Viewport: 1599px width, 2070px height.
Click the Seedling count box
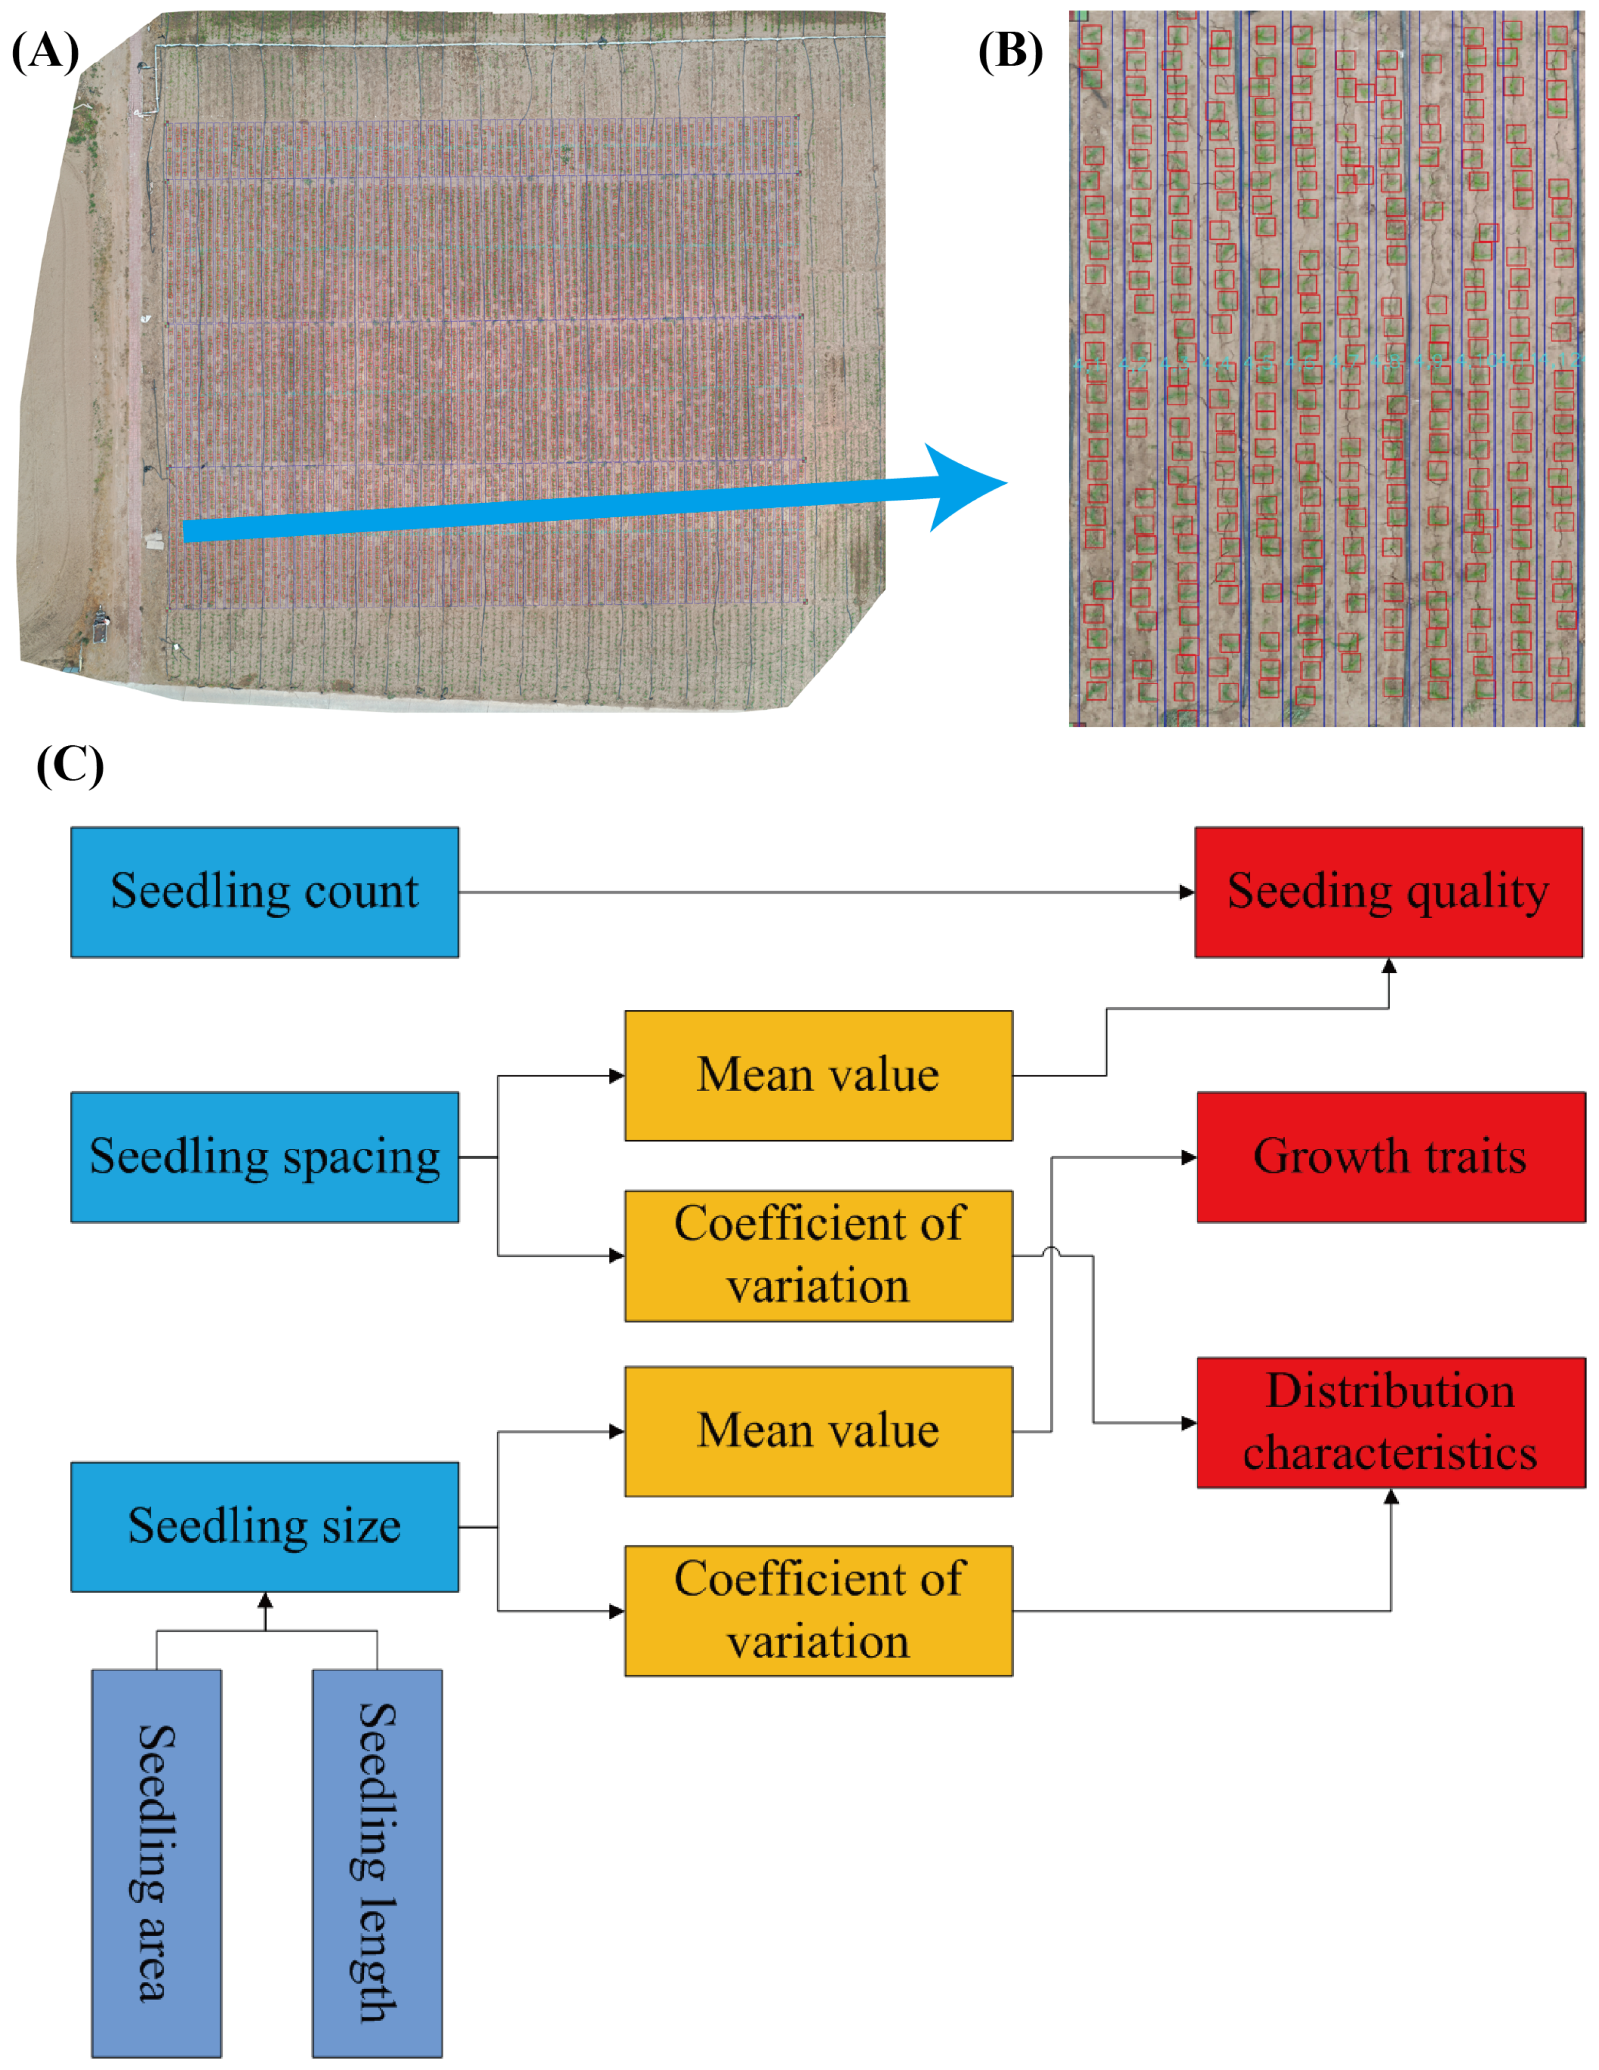[265, 892]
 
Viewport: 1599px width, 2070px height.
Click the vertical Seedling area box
[156, 1863]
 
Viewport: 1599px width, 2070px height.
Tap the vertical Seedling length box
[377, 1863]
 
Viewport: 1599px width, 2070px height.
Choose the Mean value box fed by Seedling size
[818, 1431]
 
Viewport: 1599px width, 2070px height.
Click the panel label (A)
[45, 52]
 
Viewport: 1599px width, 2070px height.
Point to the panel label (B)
[1010, 52]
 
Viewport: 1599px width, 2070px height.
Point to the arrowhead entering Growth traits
[1189, 1157]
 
